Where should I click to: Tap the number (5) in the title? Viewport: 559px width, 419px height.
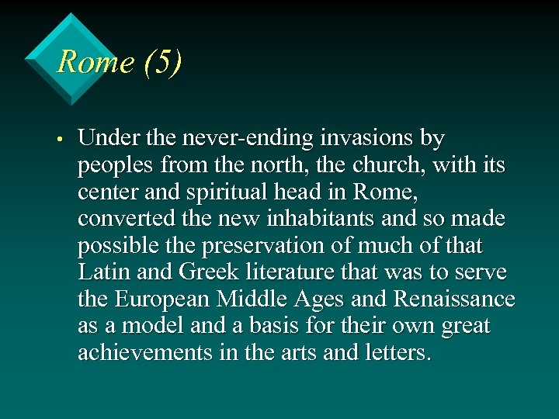162,61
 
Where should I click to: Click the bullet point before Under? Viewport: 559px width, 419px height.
59,140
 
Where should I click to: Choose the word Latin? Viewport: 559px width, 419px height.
102,273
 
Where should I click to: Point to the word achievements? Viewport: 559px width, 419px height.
145,353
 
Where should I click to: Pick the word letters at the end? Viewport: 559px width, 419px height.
397,353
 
